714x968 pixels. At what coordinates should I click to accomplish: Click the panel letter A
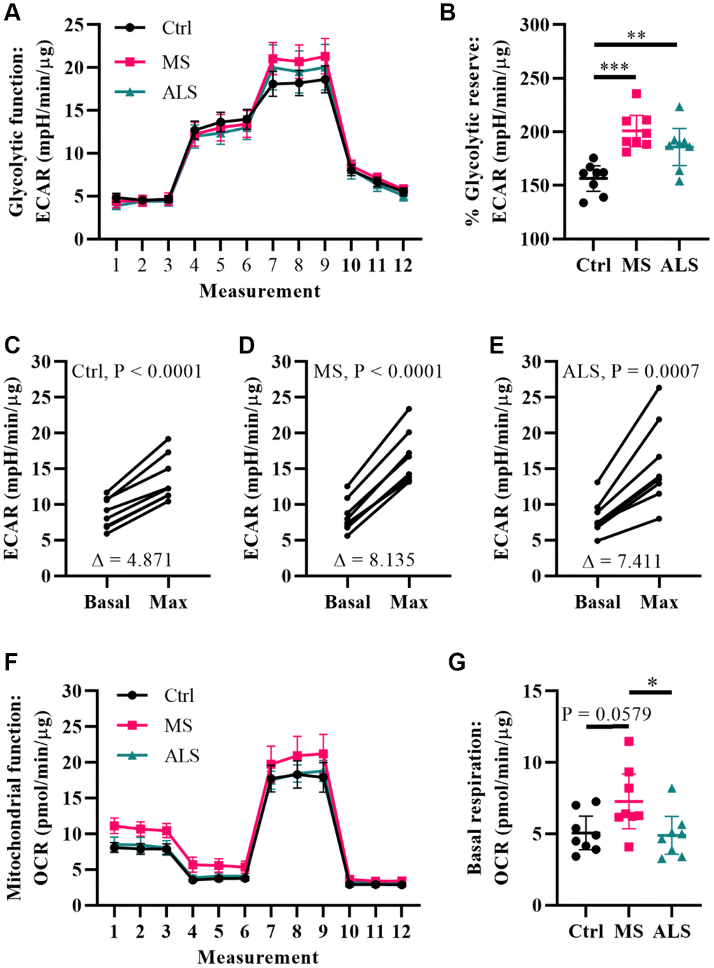(x=11, y=13)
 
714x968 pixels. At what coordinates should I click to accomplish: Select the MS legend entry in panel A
(x=175, y=62)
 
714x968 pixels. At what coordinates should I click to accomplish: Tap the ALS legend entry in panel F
(x=181, y=756)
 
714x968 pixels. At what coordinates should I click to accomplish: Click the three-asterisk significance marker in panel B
(x=615, y=67)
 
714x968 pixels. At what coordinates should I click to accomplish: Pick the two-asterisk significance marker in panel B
(x=636, y=35)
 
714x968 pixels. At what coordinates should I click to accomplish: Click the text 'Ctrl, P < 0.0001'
(x=136, y=371)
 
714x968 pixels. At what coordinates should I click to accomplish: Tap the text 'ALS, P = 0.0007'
(x=631, y=371)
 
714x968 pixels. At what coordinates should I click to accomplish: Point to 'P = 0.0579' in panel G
(x=606, y=714)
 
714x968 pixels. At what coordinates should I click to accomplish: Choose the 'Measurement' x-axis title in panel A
(x=259, y=291)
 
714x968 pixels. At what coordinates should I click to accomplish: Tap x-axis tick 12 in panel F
(x=401, y=931)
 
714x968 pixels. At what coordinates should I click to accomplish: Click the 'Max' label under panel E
(x=659, y=602)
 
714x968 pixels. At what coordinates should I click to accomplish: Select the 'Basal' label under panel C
(x=107, y=602)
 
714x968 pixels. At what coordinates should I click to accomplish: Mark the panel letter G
(x=456, y=662)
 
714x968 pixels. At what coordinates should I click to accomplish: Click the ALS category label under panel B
(x=678, y=265)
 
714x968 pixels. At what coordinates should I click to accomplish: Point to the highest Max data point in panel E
(x=658, y=387)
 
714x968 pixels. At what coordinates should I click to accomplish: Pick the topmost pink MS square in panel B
(x=636, y=94)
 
